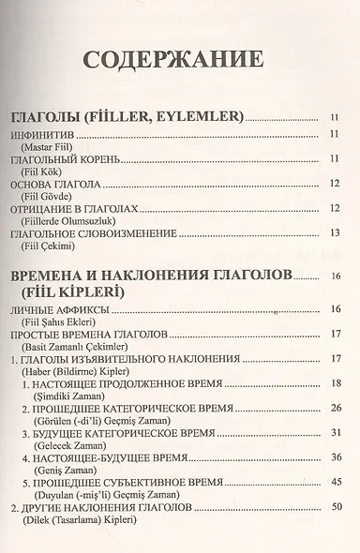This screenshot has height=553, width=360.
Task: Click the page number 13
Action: (334, 231)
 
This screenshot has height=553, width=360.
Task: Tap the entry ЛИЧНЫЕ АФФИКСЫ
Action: (65, 310)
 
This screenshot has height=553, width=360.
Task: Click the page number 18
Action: (334, 382)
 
